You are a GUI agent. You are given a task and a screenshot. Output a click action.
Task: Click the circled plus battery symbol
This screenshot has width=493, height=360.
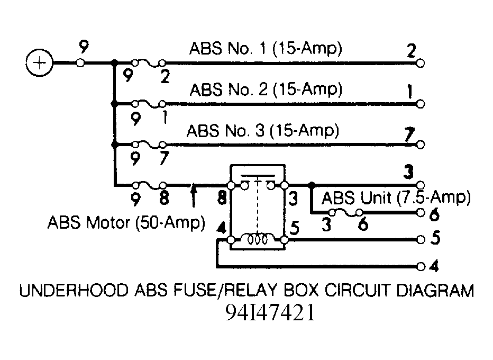tap(39, 63)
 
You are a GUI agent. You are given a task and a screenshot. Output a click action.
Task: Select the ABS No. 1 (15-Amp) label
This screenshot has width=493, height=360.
tap(266, 49)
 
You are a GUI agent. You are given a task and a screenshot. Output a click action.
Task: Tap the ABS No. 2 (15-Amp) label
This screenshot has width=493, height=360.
tap(266, 89)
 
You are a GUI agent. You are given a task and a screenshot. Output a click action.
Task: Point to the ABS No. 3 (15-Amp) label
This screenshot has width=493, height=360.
tap(263, 131)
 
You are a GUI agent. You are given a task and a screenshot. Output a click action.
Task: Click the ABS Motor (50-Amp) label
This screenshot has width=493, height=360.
tap(126, 222)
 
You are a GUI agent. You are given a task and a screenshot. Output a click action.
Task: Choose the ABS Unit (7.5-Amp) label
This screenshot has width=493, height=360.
tap(396, 198)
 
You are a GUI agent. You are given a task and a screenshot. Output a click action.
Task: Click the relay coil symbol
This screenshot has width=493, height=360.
tap(258, 240)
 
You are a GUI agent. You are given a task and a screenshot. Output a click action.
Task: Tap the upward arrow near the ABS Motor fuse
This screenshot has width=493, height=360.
tap(194, 196)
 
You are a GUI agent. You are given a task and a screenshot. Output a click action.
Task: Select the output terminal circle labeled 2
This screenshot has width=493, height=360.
tap(421, 63)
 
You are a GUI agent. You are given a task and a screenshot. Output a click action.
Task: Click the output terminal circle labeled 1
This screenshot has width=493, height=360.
tap(421, 104)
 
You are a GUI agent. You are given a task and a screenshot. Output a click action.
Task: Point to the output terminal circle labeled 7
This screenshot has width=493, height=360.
tap(421, 145)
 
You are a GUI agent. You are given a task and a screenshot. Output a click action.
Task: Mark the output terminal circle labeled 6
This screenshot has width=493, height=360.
tap(421, 213)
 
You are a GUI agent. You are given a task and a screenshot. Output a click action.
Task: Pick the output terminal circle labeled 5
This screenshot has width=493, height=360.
tap(421, 240)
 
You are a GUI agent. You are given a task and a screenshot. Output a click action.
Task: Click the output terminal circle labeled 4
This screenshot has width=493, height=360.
tap(421, 266)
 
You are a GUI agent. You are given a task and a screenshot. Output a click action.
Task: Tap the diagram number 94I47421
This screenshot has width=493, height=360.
tap(270, 312)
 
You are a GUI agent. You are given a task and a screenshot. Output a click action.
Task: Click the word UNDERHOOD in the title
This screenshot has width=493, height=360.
tap(74, 290)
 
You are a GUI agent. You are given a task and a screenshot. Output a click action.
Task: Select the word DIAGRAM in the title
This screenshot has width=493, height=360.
tap(435, 290)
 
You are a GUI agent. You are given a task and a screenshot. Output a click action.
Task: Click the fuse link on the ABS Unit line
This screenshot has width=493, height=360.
tap(345, 213)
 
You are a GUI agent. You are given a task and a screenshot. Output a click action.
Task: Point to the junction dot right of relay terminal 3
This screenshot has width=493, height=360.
tap(311, 185)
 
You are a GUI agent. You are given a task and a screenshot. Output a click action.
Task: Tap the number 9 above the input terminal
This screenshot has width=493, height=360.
tap(84, 47)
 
